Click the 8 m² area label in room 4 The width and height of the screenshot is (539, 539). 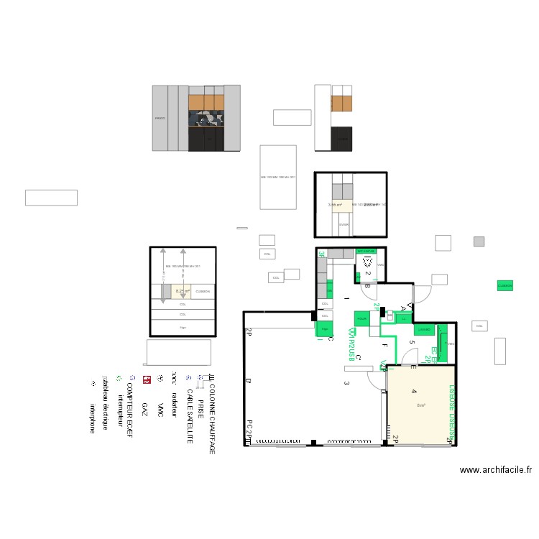421,405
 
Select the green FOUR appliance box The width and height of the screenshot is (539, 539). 361,318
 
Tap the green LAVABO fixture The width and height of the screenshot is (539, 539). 425,330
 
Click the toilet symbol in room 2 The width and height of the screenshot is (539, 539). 369,262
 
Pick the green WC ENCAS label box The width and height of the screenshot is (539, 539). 366,252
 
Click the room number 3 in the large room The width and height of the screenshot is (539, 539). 346,383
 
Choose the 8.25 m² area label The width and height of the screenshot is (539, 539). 183,291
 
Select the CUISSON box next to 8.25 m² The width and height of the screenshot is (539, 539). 203,291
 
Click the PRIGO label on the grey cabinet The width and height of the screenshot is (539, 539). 160,119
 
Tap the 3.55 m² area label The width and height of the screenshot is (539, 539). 336,205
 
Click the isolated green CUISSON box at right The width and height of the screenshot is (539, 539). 505,285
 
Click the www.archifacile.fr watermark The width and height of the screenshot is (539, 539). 496,471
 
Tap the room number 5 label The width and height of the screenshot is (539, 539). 412,342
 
